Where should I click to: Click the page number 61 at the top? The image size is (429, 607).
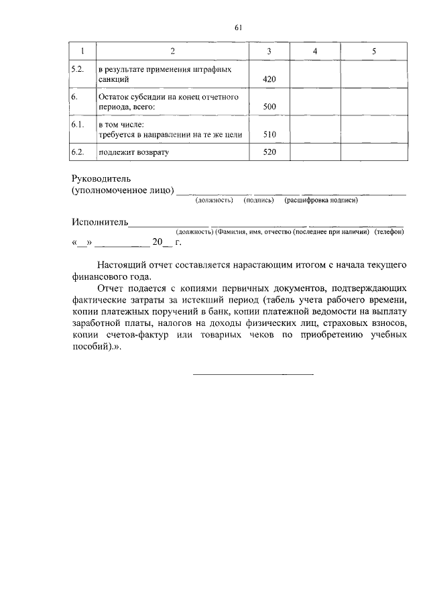pos(238,27)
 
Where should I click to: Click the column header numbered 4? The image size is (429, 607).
pos(315,52)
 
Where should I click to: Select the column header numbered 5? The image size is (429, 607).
pos(374,52)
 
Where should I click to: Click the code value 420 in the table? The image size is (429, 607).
pos(269,79)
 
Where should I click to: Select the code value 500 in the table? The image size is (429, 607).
pos(269,107)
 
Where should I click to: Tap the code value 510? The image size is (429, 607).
pos(269,134)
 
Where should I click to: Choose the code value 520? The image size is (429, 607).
pos(269,152)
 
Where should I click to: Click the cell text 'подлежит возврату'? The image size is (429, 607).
pos(133,152)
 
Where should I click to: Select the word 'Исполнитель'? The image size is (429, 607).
pos(100,221)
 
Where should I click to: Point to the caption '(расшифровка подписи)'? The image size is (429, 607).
pos(321,200)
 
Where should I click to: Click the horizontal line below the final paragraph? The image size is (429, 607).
pos(253,374)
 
